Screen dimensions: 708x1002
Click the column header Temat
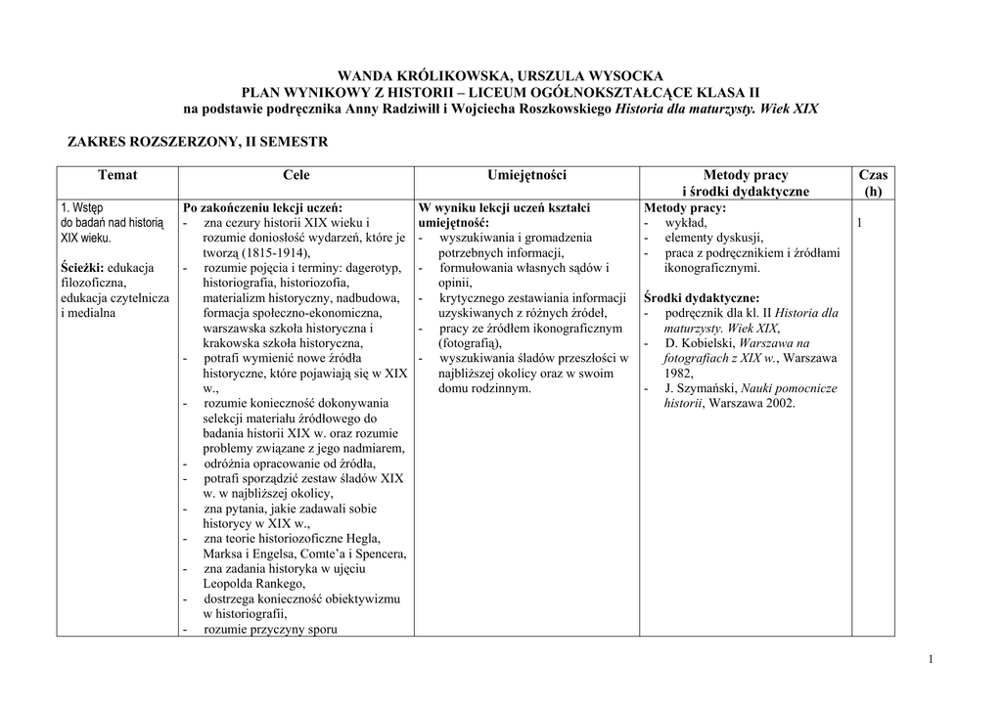(x=117, y=175)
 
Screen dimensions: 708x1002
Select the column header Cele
(x=296, y=175)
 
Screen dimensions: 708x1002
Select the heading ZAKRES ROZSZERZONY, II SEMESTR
(x=197, y=142)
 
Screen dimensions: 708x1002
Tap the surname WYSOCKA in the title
(x=627, y=75)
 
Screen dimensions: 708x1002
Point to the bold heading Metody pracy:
(x=685, y=208)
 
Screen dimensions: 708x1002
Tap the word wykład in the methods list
(x=685, y=223)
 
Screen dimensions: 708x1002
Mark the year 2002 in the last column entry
(x=780, y=403)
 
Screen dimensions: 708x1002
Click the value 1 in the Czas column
(x=859, y=224)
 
